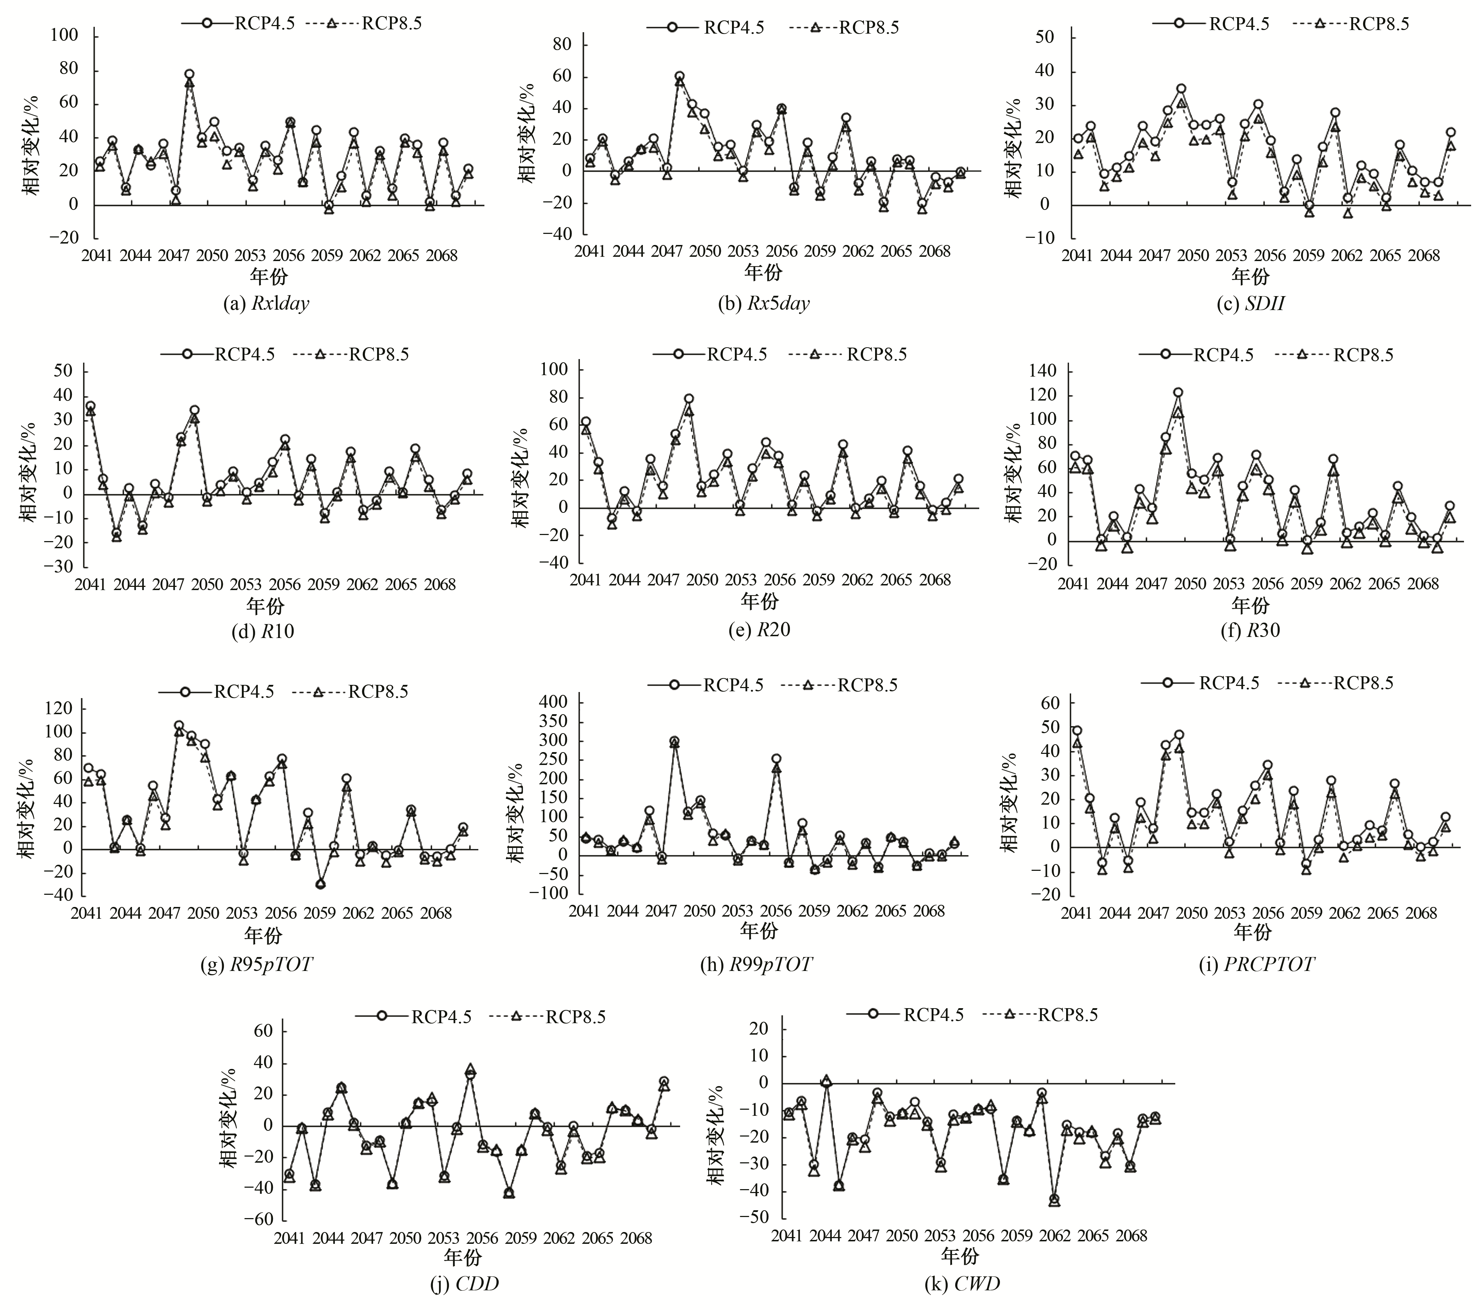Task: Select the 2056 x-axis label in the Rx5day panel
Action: coord(781,251)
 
